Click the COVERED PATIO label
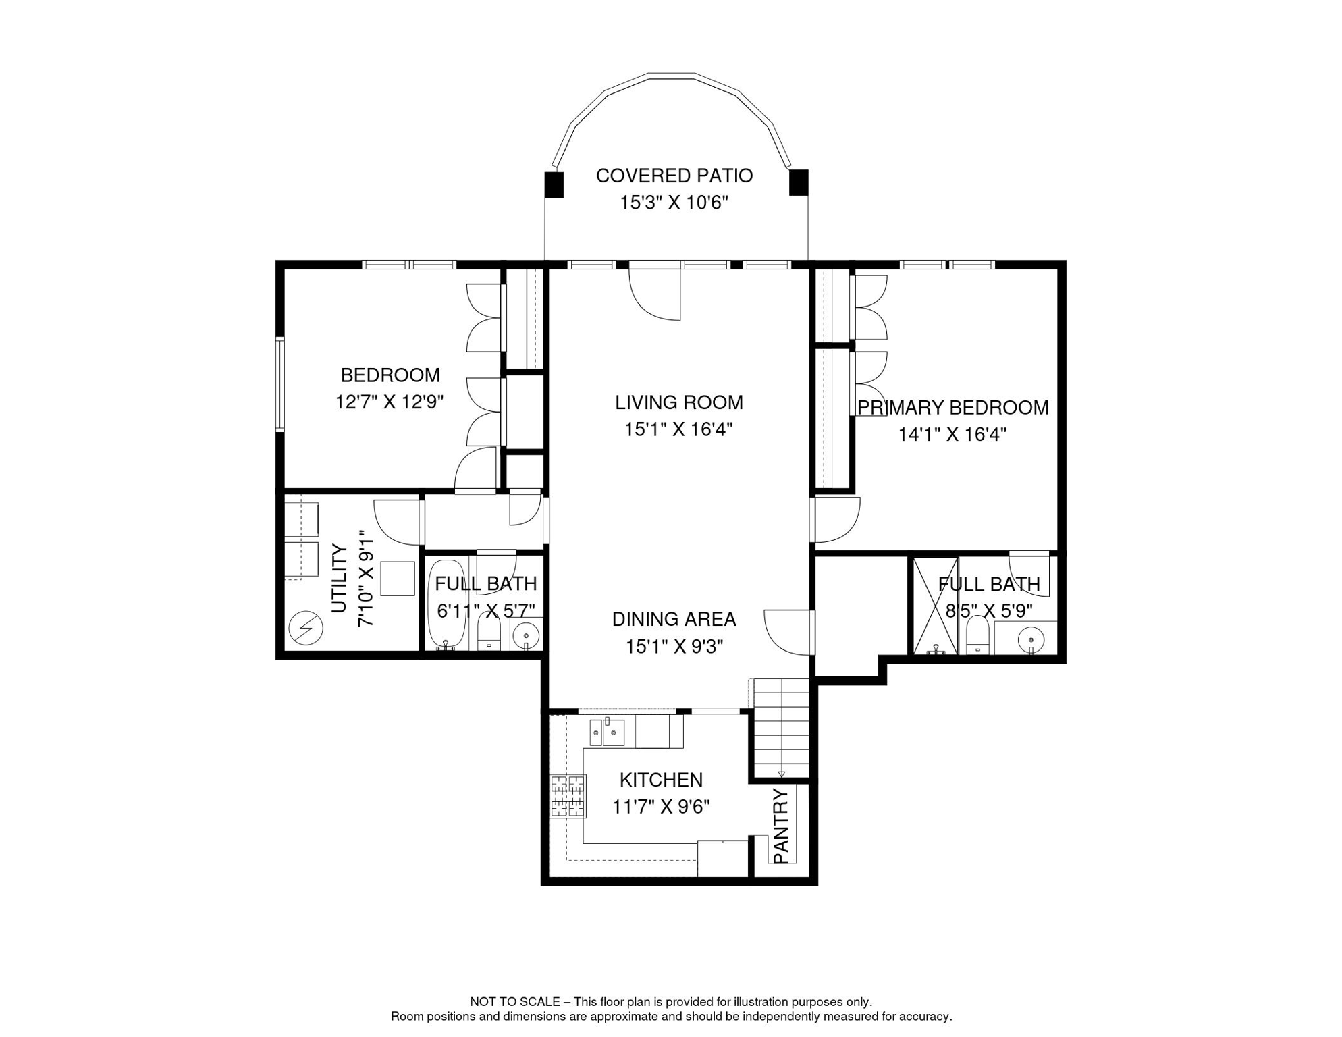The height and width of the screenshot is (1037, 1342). tap(674, 176)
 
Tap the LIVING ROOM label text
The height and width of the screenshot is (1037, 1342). tap(678, 402)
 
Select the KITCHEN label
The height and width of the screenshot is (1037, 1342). tap(661, 780)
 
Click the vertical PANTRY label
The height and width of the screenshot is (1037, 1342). tap(780, 826)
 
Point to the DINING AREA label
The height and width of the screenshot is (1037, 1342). tap(674, 619)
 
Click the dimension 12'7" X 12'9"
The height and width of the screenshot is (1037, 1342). tap(390, 402)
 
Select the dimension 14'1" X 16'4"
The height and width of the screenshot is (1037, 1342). tap(952, 434)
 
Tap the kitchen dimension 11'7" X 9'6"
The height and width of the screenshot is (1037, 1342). tap(661, 807)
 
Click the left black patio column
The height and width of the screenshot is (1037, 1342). tap(554, 184)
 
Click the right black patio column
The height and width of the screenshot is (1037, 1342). tap(799, 182)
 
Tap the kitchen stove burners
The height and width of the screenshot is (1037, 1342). tap(568, 797)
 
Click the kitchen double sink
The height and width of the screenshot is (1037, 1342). tap(607, 733)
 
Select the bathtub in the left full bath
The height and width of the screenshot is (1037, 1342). tap(447, 604)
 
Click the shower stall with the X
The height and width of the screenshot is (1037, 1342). tap(936, 606)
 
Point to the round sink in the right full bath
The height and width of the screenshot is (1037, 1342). tap(1031, 638)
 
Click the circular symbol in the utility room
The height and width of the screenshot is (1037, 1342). tap(306, 628)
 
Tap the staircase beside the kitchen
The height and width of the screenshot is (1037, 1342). tap(781, 728)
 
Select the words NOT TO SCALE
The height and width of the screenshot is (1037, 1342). tap(515, 1002)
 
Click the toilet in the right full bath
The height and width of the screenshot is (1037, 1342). tap(977, 636)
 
